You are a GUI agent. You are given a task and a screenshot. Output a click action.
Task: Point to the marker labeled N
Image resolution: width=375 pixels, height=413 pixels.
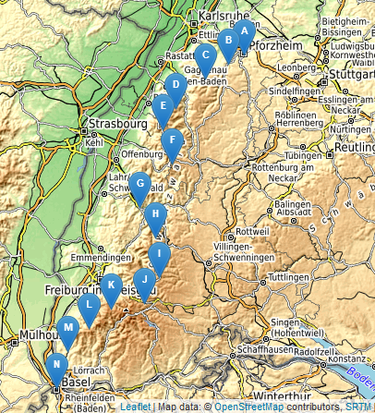[x=57, y=367]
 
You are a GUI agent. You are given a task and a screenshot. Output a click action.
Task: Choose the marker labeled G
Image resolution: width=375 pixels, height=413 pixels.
[x=139, y=186]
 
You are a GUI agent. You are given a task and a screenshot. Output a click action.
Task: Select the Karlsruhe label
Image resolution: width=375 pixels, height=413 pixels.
[x=225, y=17]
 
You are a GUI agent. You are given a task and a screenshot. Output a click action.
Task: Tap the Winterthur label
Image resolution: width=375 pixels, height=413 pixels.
[x=282, y=396]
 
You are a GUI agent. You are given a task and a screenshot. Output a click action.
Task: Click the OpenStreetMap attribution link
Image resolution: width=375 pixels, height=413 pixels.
[x=248, y=406]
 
